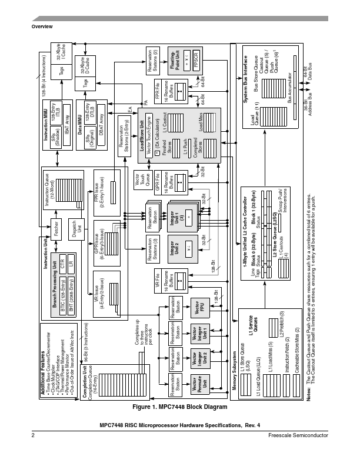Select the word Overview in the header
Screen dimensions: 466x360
click(x=42, y=28)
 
